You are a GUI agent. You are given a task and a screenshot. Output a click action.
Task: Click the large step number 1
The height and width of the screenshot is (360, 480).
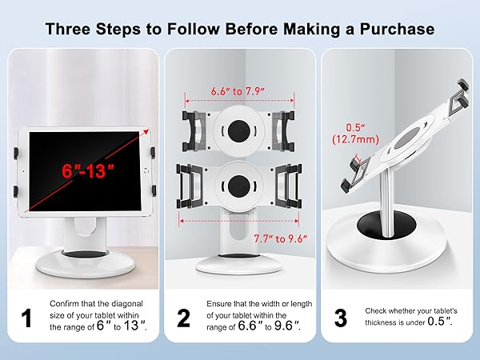(26, 318)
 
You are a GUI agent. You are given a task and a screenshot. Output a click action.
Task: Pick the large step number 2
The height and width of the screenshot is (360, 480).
(183, 318)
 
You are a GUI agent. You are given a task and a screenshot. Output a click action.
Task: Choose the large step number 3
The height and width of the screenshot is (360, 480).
(340, 318)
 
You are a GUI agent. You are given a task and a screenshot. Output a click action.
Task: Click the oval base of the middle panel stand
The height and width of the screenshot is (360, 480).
(240, 269)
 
